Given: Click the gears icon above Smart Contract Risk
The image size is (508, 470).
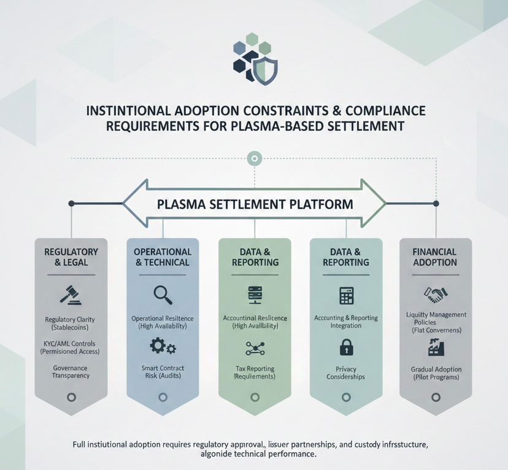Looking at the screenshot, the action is tap(163, 347).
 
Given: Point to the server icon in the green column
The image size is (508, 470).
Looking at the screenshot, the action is tap(254, 295).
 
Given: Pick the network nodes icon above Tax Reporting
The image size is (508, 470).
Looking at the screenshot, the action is tap(254, 348).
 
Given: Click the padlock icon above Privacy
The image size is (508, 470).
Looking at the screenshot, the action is tap(346, 347).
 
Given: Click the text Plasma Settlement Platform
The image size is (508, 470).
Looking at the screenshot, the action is tap(255, 204).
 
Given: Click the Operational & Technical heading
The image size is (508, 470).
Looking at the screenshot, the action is tap(163, 257).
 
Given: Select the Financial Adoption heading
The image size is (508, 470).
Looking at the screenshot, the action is tap(436, 256).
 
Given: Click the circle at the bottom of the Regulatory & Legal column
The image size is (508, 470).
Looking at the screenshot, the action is tap(71, 397).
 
